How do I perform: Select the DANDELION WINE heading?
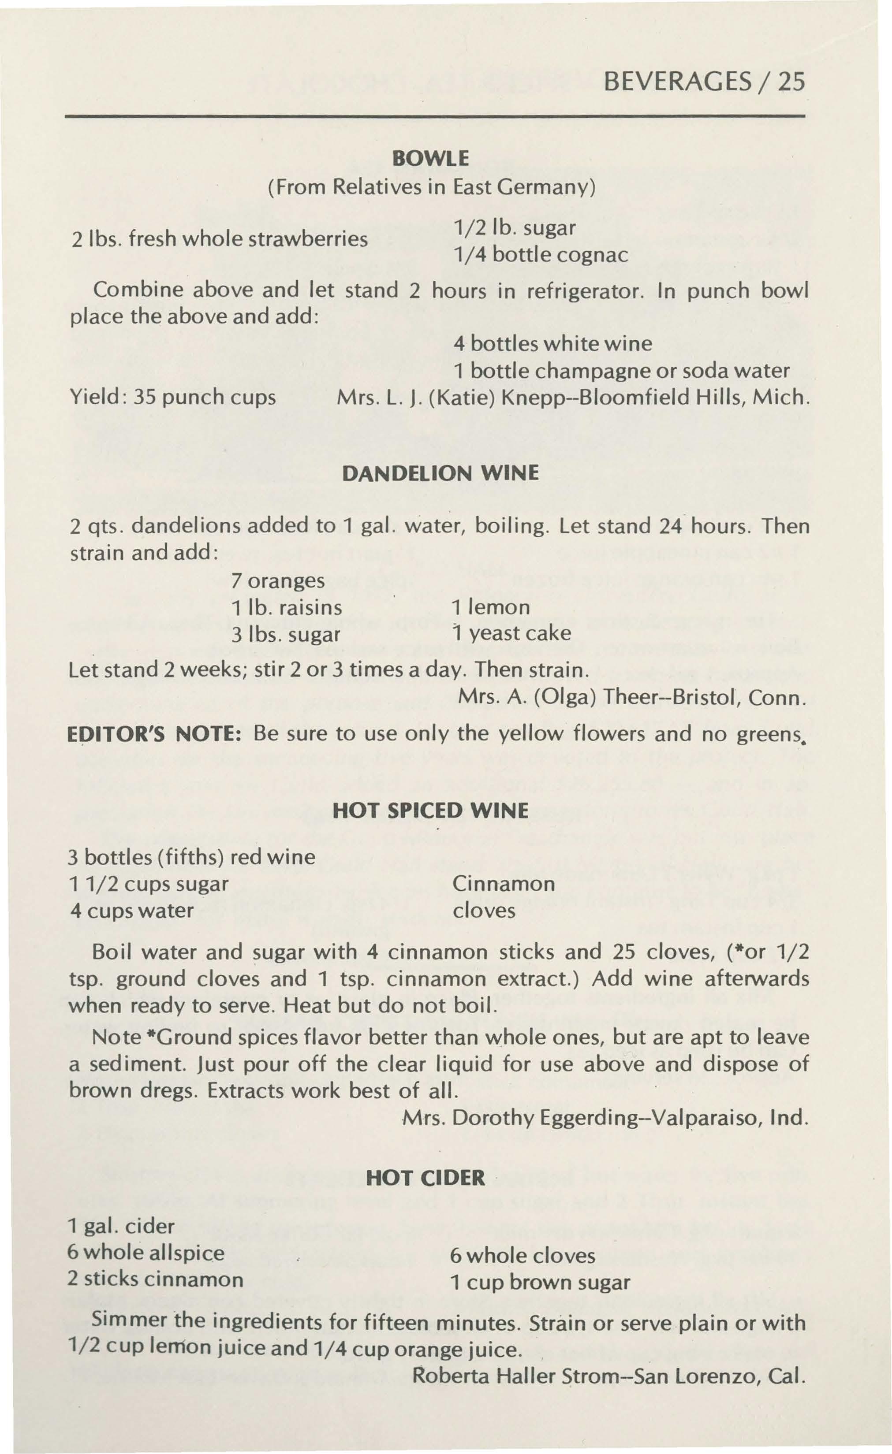(x=440, y=474)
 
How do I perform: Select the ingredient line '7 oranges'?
(x=278, y=580)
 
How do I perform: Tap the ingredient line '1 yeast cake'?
(x=511, y=633)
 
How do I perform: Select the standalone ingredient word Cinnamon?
(x=504, y=884)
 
